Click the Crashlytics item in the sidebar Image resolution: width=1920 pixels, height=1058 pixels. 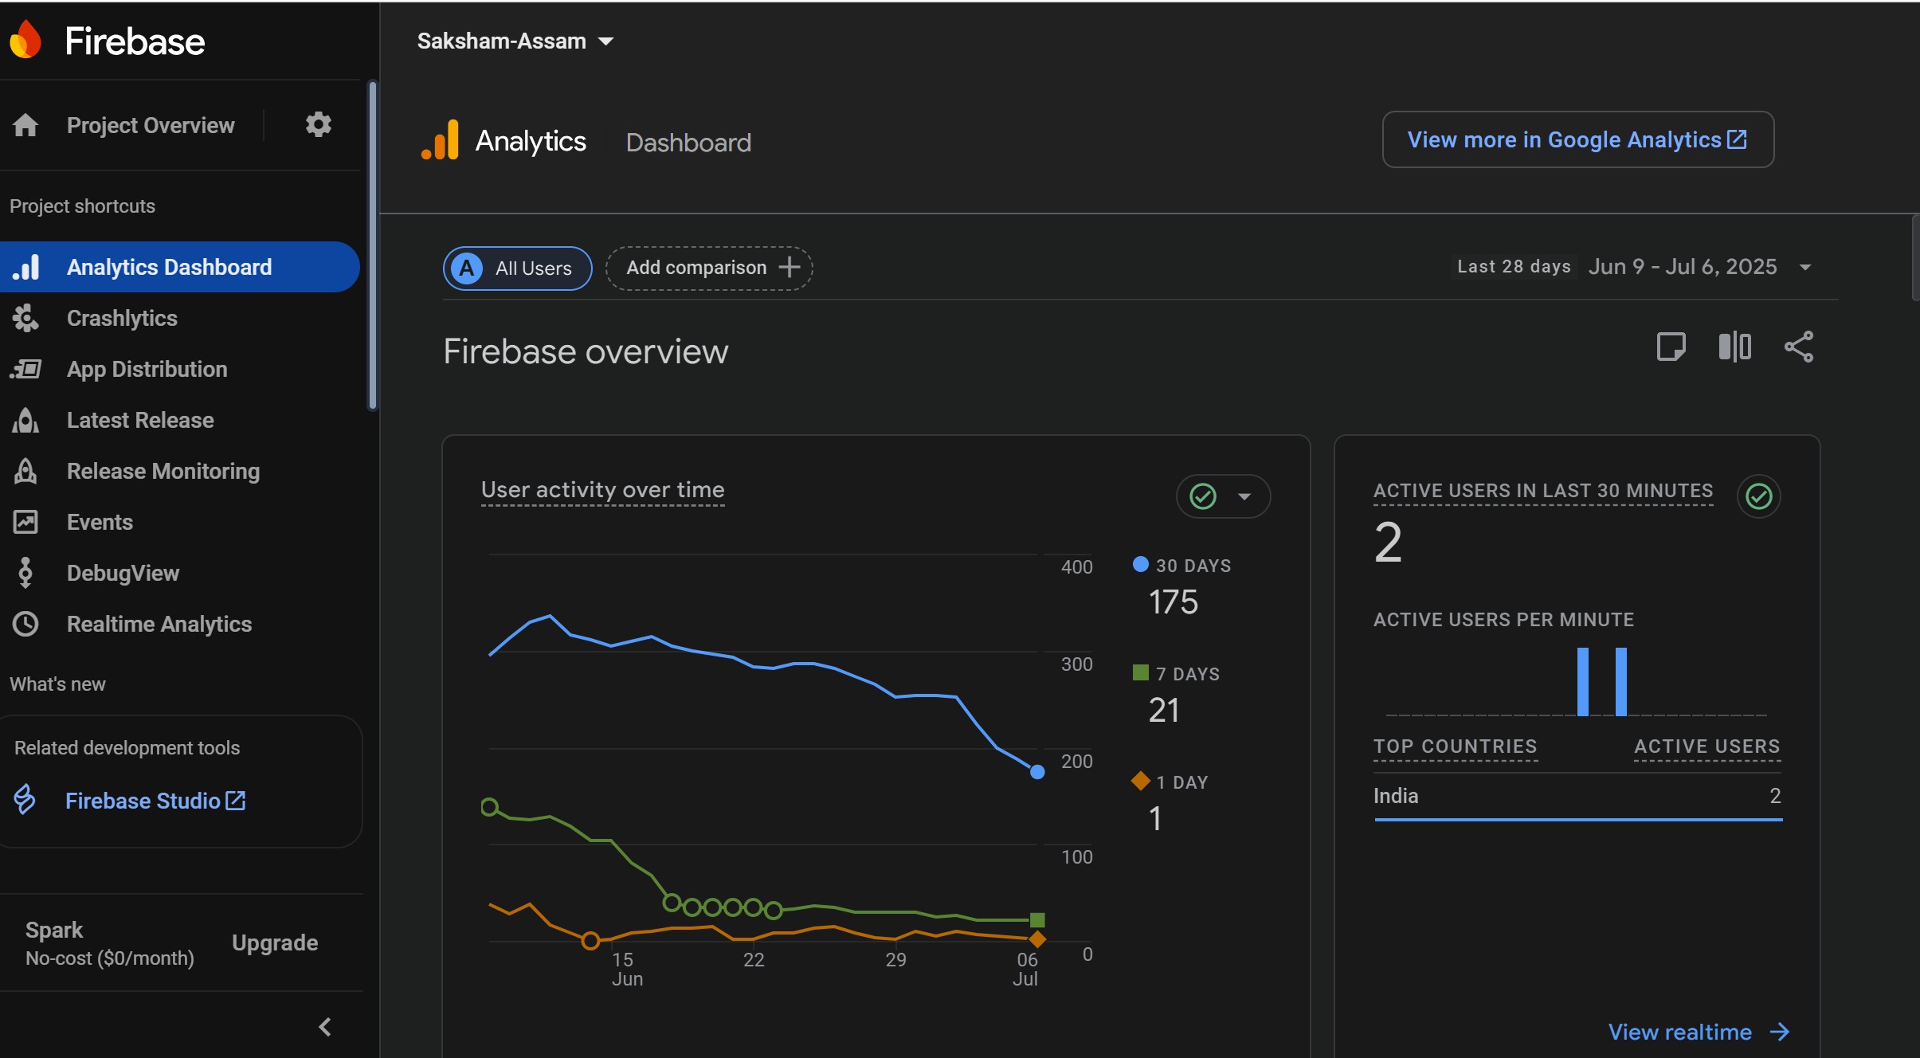click(x=122, y=318)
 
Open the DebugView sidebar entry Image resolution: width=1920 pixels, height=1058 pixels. click(x=123, y=573)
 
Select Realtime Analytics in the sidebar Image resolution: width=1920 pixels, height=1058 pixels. click(x=159, y=624)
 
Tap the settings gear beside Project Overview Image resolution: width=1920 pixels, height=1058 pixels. click(x=319, y=124)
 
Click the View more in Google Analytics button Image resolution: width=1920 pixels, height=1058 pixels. click(x=1577, y=139)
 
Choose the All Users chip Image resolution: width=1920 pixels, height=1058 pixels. click(x=518, y=268)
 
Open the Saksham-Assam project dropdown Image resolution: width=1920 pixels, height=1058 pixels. click(x=515, y=41)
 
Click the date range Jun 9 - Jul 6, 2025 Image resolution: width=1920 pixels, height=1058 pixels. click(x=1683, y=266)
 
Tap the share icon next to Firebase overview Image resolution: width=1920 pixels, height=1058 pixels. click(x=1798, y=347)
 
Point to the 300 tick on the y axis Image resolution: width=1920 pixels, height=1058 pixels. click(x=1076, y=664)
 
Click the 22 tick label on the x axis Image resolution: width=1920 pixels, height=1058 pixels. click(x=754, y=959)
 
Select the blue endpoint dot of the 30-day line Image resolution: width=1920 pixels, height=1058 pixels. click(x=1037, y=771)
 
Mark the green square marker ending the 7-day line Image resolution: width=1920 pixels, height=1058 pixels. click(x=1037, y=920)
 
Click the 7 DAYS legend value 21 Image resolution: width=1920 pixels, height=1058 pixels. click(x=1164, y=710)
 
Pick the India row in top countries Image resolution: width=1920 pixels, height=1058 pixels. click(x=1577, y=796)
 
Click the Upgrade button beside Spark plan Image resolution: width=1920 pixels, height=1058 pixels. click(x=275, y=942)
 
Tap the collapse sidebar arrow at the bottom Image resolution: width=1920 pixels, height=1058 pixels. click(x=324, y=1027)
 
